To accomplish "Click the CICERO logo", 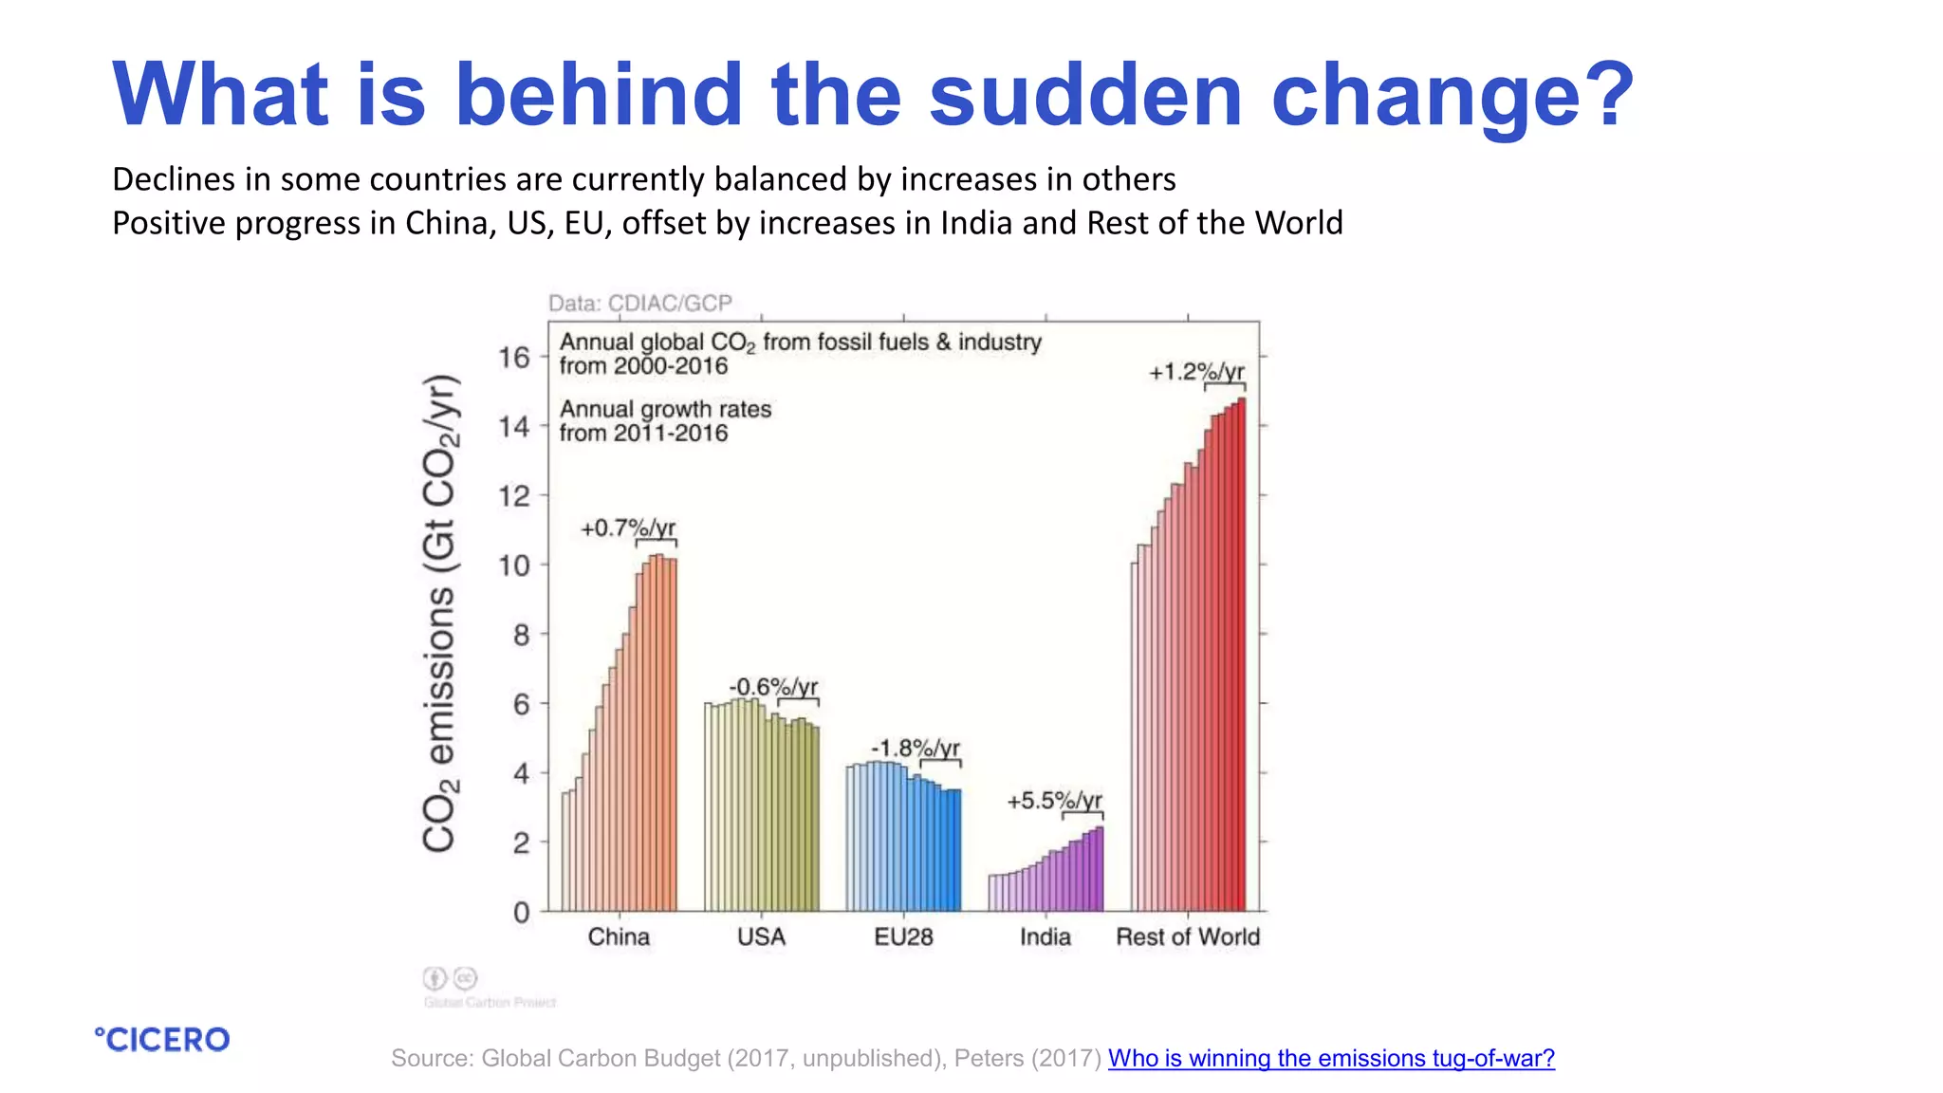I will (x=162, y=1040).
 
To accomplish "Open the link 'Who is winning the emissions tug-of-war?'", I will (x=1331, y=1058).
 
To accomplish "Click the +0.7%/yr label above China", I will (x=628, y=528).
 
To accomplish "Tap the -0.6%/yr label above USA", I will (x=773, y=686).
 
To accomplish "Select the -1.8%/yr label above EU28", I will (x=916, y=748).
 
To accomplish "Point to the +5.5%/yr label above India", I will (x=1054, y=800).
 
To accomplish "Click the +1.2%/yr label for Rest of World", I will (x=1196, y=371).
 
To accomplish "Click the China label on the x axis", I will (x=619, y=936).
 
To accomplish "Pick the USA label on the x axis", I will (x=761, y=936).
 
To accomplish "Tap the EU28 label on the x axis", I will (x=903, y=936).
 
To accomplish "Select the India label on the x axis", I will (x=1046, y=936).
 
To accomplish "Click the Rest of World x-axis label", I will (x=1188, y=936).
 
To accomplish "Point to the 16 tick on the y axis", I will (x=514, y=358).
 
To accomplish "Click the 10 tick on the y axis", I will (x=514, y=565).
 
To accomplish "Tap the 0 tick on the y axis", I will (x=522, y=913).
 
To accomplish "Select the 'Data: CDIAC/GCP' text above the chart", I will (x=640, y=303).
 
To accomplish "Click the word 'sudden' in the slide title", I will (x=1084, y=94).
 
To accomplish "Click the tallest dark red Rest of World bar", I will (x=1241, y=655).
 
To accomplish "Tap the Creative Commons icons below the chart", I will (x=450, y=977).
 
